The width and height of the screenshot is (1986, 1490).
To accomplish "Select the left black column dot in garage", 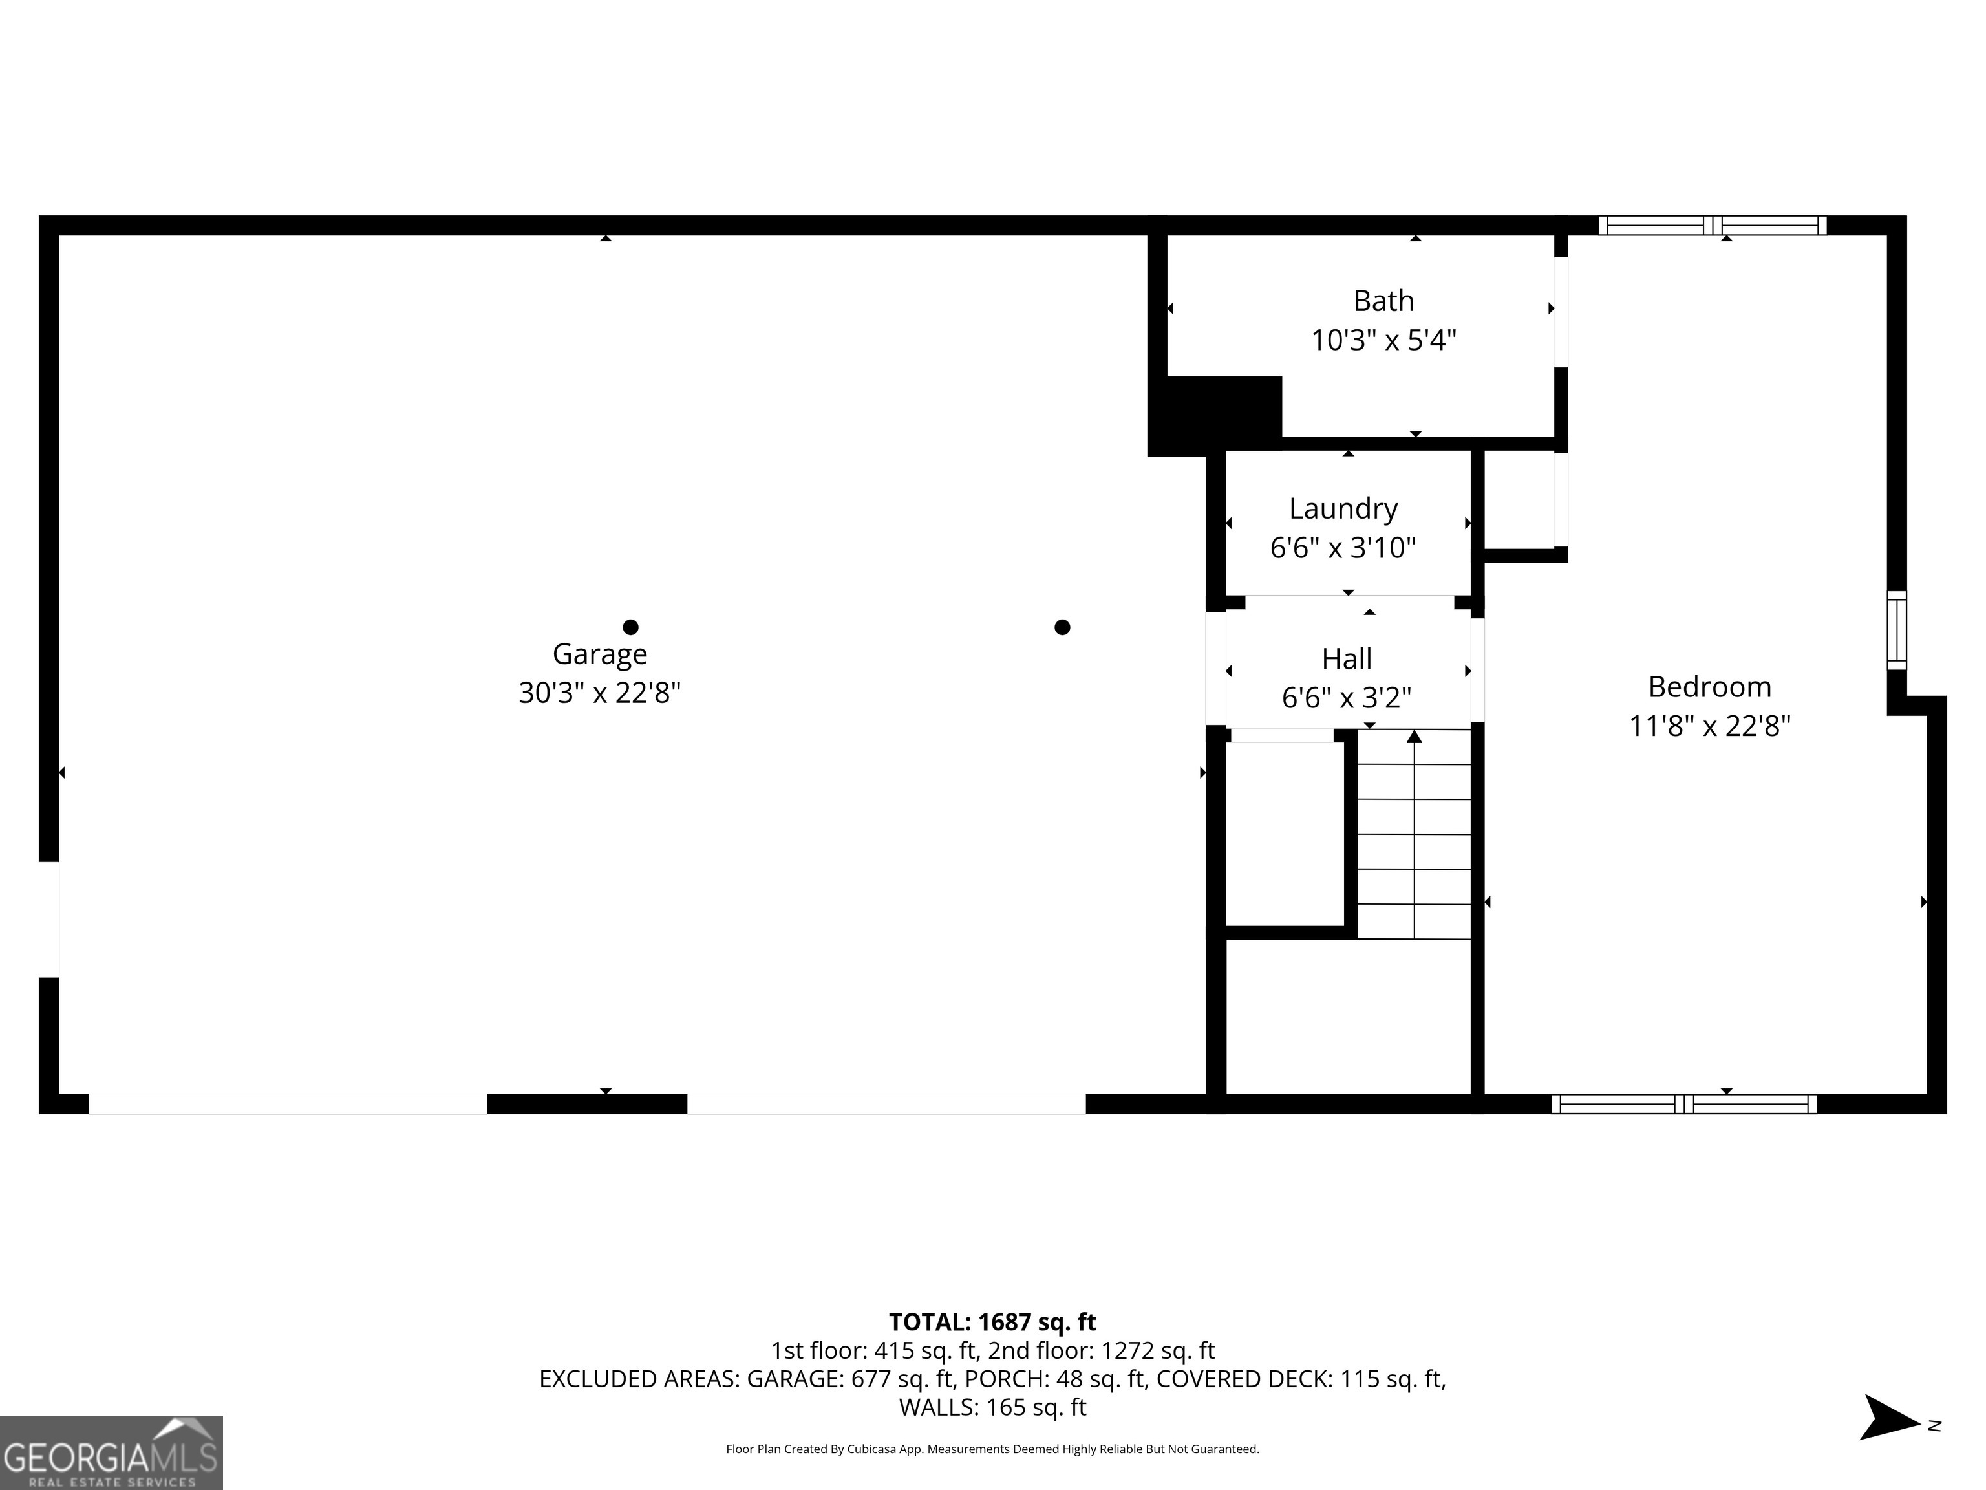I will (630, 627).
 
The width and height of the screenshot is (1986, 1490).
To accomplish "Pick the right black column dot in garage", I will (1062, 627).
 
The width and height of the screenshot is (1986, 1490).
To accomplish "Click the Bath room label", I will (1383, 301).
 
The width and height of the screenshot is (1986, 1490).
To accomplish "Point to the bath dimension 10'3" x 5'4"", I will (1383, 340).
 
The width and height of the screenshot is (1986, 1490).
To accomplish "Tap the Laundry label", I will (1343, 508).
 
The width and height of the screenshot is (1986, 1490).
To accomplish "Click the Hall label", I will (1346, 659).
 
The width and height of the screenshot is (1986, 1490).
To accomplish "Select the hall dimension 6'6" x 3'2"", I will (1346, 698).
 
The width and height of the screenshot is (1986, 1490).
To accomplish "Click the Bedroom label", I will (1709, 687).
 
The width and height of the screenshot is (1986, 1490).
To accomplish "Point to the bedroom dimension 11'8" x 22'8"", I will (1709, 726).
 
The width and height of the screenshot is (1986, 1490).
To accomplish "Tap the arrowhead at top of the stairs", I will (1414, 737).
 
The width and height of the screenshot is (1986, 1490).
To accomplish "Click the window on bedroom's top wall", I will (1712, 226).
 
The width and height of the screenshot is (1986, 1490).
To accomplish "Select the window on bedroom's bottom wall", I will (1683, 1104).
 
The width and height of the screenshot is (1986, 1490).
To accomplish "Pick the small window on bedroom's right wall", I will (1896, 630).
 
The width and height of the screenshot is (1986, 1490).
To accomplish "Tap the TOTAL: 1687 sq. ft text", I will (992, 1322).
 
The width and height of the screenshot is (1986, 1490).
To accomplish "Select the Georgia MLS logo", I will (111, 1452).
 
